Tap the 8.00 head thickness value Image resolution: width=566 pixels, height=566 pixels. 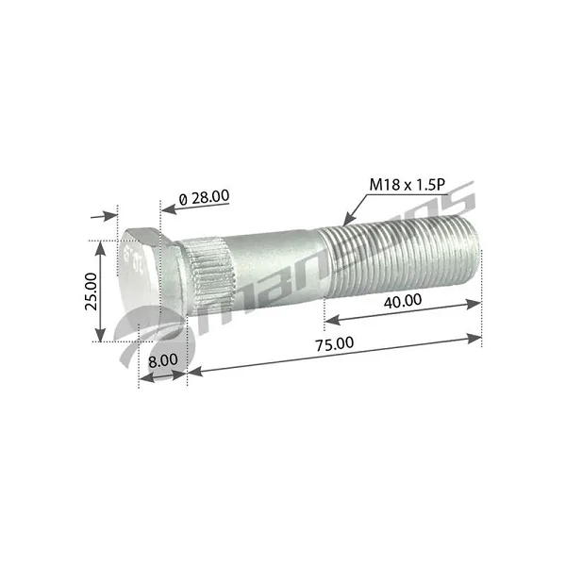162,359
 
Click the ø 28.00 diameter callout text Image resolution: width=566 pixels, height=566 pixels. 204,196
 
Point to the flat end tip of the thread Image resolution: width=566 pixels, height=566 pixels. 476,247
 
